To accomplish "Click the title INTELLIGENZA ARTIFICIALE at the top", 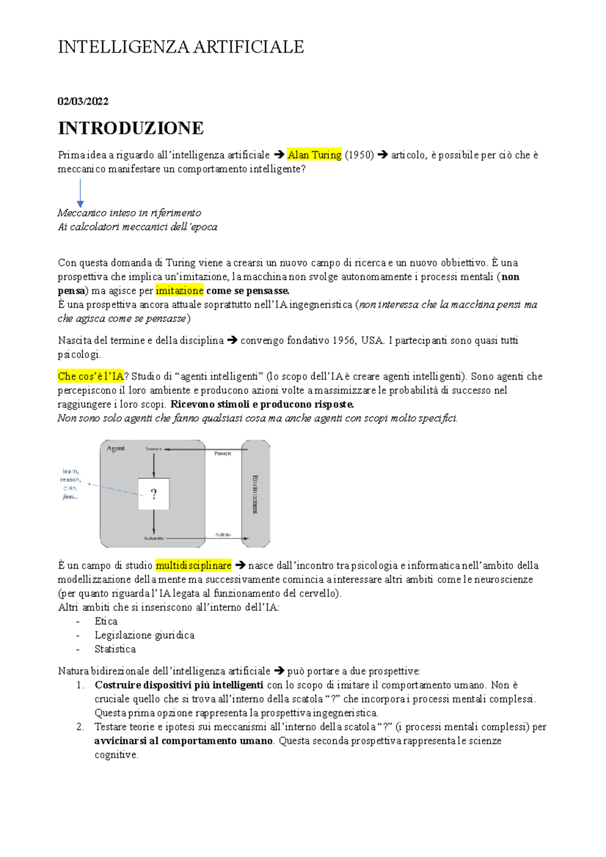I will tap(181, 47).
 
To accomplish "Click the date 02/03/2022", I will tap(83, 101).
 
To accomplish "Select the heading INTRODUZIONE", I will tap(131, 128).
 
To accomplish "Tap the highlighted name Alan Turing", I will tap(315, 155).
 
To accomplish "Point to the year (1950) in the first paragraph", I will tap(359, 155).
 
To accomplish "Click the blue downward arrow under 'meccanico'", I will tap(80, 193).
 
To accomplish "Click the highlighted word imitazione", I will tap(179, 291).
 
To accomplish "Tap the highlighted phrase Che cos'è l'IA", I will tap(90, 377).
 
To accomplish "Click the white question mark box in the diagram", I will tap(154, 494).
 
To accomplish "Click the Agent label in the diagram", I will tap(116, 448).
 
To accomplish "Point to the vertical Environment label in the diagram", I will tap(256, 494).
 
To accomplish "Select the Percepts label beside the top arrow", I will tap(223, 453).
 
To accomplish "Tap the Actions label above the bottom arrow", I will tap(223, 534).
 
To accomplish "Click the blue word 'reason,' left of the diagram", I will tap(71, 479).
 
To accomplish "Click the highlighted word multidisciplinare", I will tap(193, 566).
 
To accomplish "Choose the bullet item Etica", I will tap(106, 621).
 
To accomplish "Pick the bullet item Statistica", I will tap(115, 649).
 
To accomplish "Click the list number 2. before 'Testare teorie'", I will tap(80, 727).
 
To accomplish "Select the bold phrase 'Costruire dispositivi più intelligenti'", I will tap(179, 685).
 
